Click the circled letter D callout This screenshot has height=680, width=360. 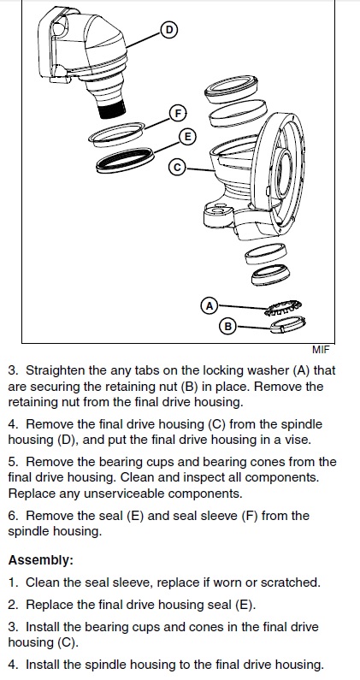click(x=168, y=30)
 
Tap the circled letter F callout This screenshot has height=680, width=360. click(x=177, y=114)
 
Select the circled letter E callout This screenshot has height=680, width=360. click(x=187, y=137)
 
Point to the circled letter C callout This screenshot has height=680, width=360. click(x=177, y=167)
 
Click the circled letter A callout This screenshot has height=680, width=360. click(x=210, y=305)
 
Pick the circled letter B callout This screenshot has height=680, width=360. click(x=227, y=326)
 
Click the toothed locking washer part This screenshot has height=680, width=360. click(x=284, y=308)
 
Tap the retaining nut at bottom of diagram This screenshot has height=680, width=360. click(x=287, y=324)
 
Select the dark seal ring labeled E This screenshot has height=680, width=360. click(x=125, y=160)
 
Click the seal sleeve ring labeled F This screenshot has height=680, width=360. click(x=116, y=134)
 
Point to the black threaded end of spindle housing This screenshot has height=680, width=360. click(x=112, y=109)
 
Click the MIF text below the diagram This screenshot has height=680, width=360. click(x=321, y=350)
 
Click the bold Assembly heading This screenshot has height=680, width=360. click(x=41, y=560)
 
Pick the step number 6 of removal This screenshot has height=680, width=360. click(x=13, y=516)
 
